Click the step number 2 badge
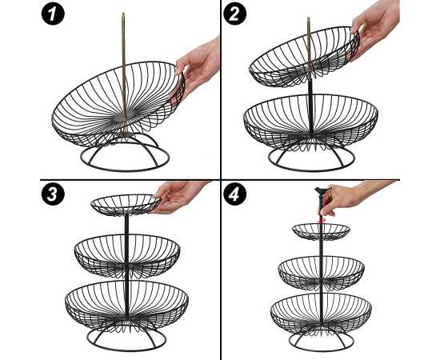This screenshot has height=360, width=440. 235,14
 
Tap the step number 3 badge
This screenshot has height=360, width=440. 53,194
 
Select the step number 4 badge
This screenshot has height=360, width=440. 235,194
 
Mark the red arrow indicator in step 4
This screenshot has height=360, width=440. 322,221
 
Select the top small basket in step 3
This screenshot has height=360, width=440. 126,205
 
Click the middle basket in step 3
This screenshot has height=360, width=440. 127,256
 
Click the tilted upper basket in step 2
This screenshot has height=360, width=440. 305,56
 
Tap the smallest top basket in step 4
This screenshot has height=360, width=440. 321,232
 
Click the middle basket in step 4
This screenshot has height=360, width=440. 322,273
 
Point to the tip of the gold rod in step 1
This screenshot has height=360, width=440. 123,13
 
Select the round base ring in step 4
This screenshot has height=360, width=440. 321,350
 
